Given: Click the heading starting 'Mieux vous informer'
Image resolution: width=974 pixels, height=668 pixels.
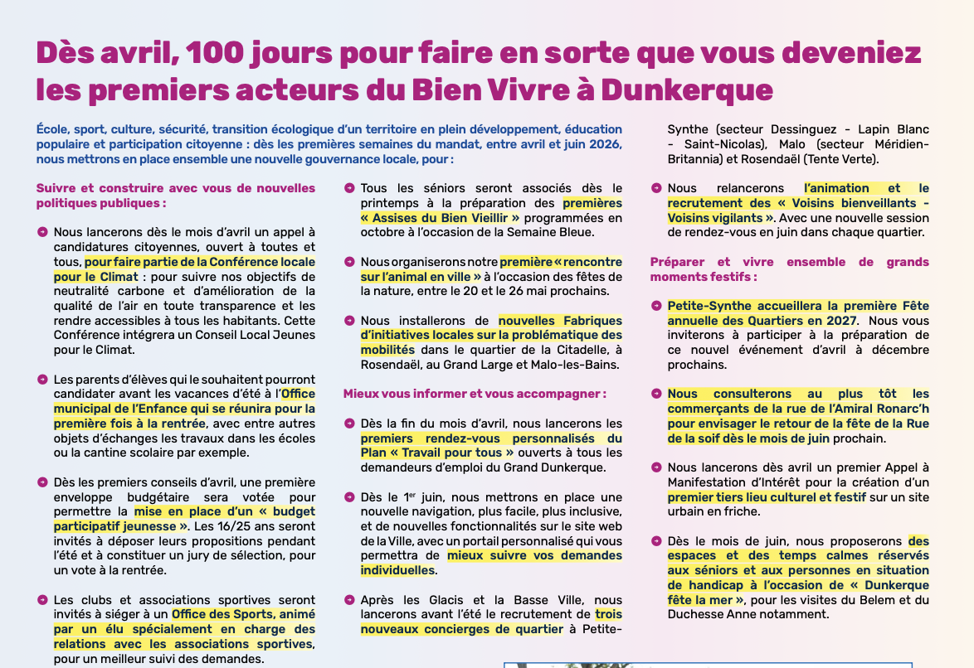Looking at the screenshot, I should click(475, 394).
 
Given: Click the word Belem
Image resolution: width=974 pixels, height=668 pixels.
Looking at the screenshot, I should click(875, 599).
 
